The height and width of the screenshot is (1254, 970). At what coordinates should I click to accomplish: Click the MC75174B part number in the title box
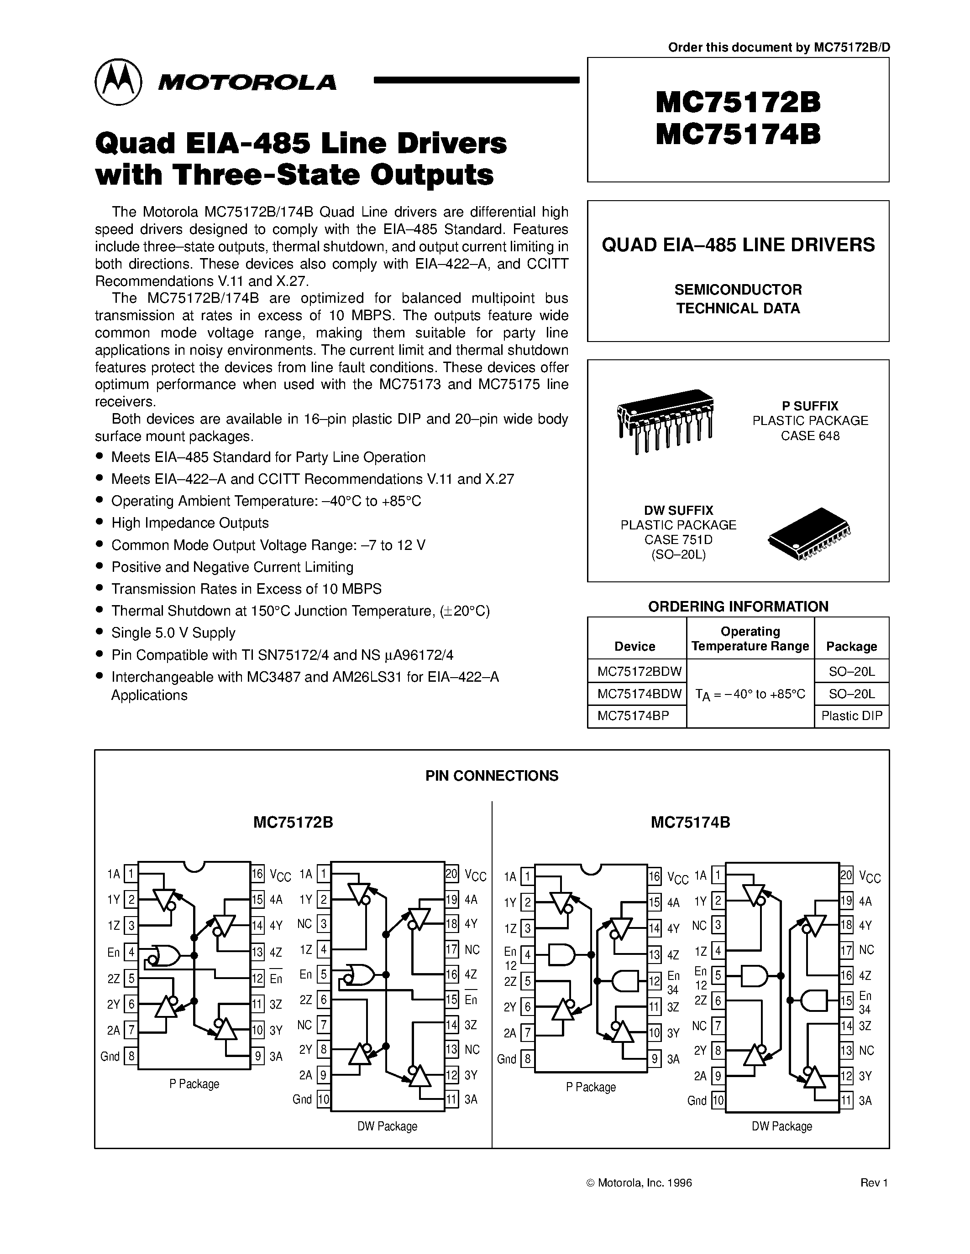738,135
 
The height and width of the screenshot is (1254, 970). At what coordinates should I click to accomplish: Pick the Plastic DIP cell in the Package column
852,716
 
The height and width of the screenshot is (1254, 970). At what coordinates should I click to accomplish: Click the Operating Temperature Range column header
750,638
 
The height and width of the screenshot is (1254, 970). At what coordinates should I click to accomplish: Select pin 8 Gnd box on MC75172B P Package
131,1057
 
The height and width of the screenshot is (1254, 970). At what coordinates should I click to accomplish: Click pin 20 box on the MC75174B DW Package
846,875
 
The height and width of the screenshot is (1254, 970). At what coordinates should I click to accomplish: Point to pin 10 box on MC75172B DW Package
324,1099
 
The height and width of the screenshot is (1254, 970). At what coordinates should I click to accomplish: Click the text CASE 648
810,436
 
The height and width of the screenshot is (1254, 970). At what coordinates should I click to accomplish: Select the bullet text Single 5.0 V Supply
173,633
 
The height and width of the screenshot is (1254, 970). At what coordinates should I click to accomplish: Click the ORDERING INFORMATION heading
738,606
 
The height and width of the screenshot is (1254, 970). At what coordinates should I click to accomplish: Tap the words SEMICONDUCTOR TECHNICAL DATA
738,299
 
